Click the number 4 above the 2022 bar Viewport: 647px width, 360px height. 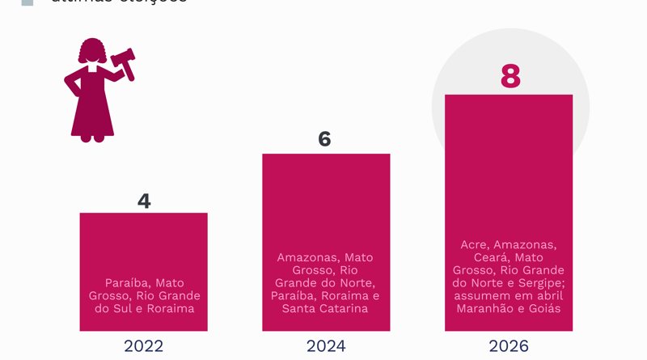(x=144, y=201)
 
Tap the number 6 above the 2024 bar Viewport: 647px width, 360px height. (x=324, y=139)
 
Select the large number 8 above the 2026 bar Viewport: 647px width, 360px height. (x=510, y=76)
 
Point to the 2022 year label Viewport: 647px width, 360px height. (x=143, y=346)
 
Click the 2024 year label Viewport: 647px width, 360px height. (x=326, y=346)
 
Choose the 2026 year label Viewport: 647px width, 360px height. (x=509, y=346)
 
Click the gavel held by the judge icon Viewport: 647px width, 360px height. (x=124, y=62)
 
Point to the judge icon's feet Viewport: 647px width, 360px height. (x=92, y=138)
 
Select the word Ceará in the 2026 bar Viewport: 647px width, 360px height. (x=492, y=257)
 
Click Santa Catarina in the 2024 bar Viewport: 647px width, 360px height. (x=325, y=308)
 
